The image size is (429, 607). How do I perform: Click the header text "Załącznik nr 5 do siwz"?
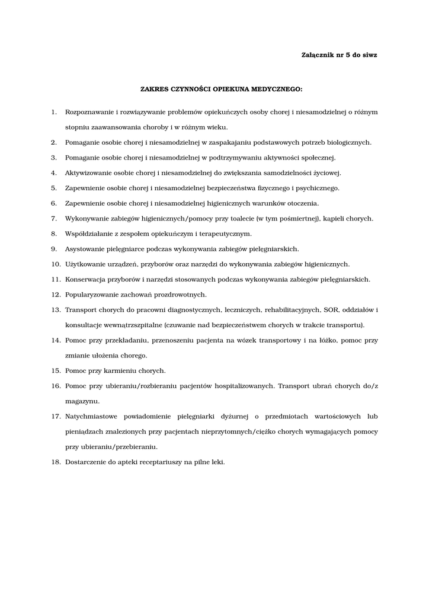point(339,55)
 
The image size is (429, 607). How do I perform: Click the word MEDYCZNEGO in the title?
point(277,90)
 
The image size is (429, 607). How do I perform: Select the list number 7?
point(53,219)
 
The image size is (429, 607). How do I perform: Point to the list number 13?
point(56,310)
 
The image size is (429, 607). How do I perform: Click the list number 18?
point(56,462)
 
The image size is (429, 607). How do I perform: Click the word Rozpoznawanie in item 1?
point(89,112)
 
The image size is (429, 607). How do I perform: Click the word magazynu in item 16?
point(82,401)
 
